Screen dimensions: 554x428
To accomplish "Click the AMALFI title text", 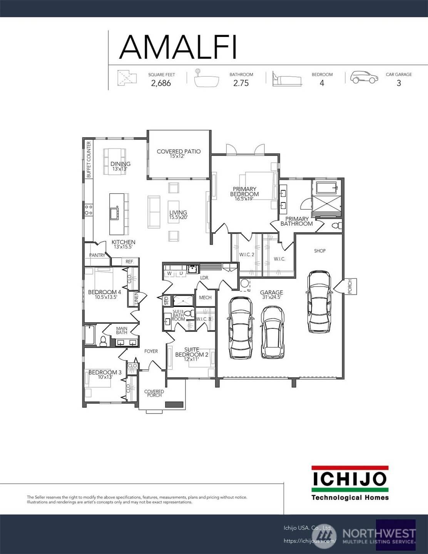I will pyautogui.click(x=177, y=47).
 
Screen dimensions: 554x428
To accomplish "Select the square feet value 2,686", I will pyautogui.click(x=161, y=83).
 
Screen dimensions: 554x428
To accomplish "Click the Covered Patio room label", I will pyautogui.click(x=179, y=152).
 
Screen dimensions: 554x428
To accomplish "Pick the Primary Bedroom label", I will pyautogui.click(x=244, y=192).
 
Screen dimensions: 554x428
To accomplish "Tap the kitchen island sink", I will pyautogui.click(x=115, y=213).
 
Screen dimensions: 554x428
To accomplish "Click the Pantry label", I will pyautogui.click(x=97, y=255).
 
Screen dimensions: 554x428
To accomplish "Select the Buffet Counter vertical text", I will pyautogui.click(x=89, y=159).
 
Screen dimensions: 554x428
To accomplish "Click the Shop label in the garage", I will pyautogui.click(x=320, y=251).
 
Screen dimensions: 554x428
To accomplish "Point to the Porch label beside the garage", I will pyautogui.click(x=350, y=286).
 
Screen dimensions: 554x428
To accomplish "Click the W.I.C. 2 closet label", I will pyautogui.click(x=247, y=254).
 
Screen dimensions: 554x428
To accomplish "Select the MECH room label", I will pyautogui.click(x=205, y=298).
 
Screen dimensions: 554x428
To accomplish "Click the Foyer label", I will pyautogui.click(x=151, y=351).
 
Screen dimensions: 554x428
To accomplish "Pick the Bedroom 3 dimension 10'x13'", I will pyautogui.click(x=105, y=377).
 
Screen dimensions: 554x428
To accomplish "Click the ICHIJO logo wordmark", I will pyautogui.click(x=349, y=479).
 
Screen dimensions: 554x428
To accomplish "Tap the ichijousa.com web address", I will pyautogui.click(x=309, y=541).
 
